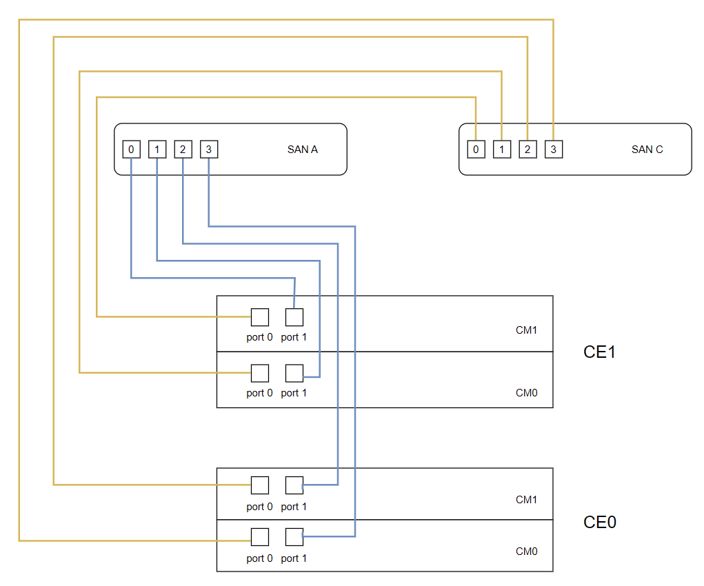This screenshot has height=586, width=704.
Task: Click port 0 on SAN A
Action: point(131,149)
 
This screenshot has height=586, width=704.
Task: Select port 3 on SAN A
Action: point(209,149)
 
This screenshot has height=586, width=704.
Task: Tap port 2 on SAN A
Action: point(183,149)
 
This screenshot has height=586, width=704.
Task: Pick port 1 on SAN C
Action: point(502,149)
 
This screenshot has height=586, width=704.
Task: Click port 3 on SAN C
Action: point(554,149)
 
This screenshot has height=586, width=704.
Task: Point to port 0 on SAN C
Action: point(476,149)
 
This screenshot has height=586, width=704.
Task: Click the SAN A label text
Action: point(302,149)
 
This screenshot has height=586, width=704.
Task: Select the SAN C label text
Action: point(647,149)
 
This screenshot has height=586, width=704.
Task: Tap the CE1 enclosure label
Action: point(599,352)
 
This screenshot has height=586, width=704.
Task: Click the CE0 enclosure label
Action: point(599,522)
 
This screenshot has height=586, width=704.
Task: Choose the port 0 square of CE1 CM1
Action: point(259,317)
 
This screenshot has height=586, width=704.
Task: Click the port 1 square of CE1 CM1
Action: point(294,317)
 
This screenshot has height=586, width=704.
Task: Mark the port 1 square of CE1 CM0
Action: point(294,373)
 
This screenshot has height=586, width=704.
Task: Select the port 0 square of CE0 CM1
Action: point(259,485)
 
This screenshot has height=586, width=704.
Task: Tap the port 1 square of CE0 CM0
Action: point(294,537)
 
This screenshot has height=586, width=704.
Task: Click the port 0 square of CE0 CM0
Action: point(259,537)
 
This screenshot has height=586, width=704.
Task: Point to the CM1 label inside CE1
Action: point(526,330)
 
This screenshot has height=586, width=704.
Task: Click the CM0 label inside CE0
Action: point(526,551)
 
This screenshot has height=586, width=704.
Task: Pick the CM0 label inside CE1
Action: point(526,393)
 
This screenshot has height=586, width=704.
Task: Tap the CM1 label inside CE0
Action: point(526,499)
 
